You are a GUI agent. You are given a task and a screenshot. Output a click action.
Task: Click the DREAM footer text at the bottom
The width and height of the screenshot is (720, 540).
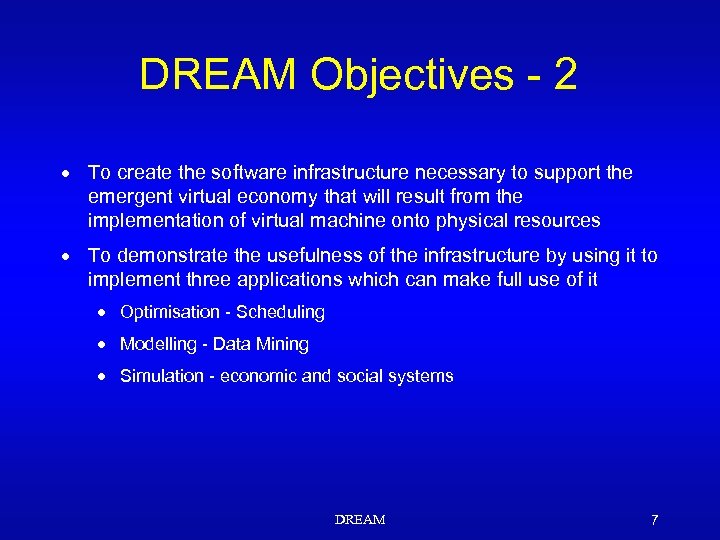360,520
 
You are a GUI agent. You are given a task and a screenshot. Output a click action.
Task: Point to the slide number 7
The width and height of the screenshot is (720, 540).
654,520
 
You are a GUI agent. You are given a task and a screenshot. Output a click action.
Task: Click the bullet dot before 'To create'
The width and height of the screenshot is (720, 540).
63,173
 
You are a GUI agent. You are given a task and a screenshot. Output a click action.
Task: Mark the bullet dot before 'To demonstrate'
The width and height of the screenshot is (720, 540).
63,256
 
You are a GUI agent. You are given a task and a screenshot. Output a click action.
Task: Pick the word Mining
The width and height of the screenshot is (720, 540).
284,344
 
